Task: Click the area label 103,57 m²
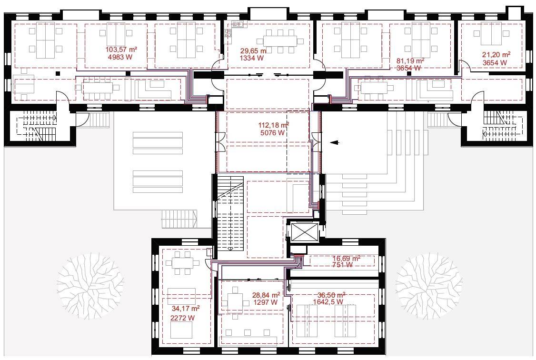[121, 50]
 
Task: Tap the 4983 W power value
[120, 57]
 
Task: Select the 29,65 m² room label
[253, 51]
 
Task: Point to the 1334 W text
[252, 58]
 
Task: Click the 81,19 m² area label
[410, 61]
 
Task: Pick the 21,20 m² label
[496, 55]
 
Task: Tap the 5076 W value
[272, 133]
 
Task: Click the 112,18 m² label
[273, 125]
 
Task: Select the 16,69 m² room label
[346, 259]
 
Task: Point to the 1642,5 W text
[328, 302]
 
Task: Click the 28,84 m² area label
[266, 295]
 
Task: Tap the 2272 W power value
[182, 318]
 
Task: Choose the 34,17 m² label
[186, 309]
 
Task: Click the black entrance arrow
[335, 142]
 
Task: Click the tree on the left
[90, 286]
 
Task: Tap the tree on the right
[429, 286]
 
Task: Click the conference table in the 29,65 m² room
[280, 41]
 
